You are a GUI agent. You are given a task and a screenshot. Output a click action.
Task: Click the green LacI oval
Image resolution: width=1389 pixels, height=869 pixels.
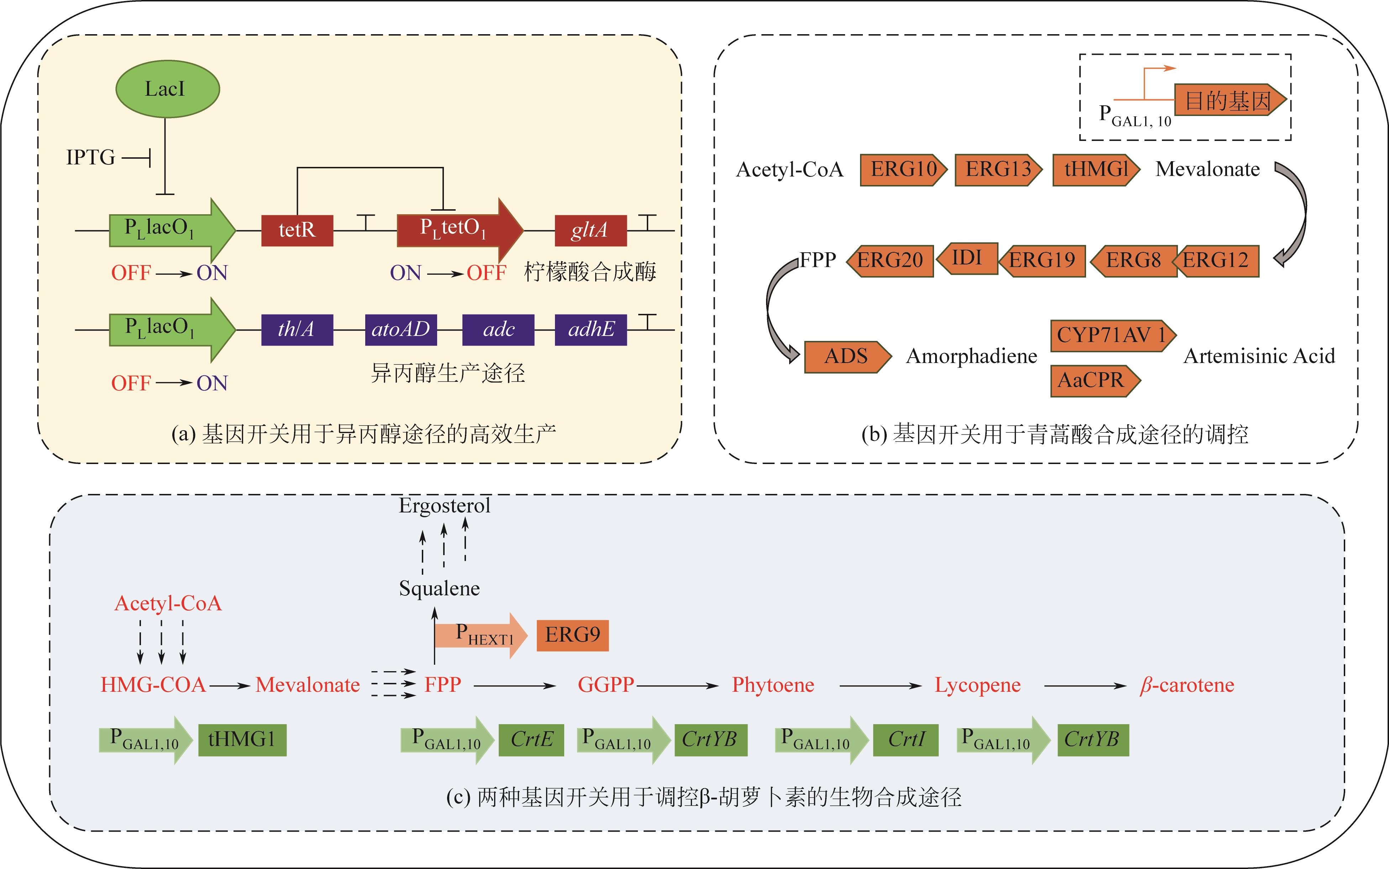point(167,89)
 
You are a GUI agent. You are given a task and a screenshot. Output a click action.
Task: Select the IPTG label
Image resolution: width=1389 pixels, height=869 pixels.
point(90,157)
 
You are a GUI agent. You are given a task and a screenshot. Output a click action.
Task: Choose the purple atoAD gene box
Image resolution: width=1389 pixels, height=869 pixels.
point(401,329)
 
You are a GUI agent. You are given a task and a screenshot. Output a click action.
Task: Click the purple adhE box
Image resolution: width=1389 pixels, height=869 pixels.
point(591,329)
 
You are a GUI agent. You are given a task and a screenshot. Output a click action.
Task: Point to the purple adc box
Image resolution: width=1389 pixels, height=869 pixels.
point(498,329)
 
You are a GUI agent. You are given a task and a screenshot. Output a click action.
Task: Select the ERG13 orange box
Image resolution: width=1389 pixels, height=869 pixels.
point(997,169)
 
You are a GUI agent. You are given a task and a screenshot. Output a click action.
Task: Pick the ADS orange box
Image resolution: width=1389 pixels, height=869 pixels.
point(846,356)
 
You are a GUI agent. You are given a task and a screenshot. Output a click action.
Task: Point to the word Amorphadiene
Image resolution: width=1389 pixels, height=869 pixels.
point(971,356)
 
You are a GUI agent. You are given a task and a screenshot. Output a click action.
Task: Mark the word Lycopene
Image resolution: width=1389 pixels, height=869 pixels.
point(977,685)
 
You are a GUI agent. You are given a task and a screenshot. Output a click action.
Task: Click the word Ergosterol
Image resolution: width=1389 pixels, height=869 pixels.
point(444,506)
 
